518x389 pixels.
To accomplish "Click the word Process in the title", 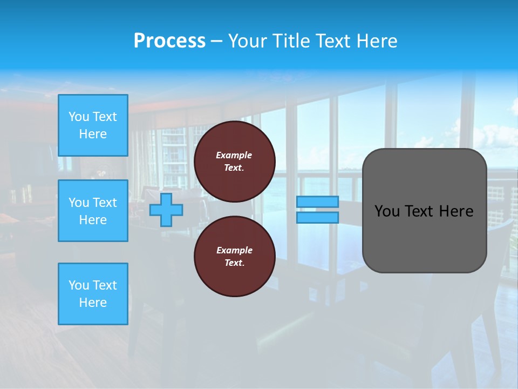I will click(169, 41).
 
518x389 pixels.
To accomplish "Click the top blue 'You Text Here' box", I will click(93, 125).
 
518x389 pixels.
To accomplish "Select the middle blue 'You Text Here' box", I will click(93, 211).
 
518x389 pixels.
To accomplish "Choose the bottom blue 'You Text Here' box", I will click(93, 294).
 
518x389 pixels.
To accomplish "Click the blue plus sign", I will click(166, 210).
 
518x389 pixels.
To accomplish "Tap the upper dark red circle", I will click(235, 162).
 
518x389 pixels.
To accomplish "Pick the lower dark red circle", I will click(235, 257).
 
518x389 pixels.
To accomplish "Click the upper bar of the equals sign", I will click(317, 202).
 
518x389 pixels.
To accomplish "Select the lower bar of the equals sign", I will click(317, 217).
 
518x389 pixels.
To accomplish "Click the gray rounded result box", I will click(424, 211).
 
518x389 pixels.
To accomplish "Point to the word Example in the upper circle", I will click(234, 155).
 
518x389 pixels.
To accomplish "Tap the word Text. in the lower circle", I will click(234, 263).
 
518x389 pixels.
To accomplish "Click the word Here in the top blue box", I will click(93, 134).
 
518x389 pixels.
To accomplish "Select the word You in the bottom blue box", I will click(79, 285).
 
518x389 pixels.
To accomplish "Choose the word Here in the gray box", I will click(456, 211).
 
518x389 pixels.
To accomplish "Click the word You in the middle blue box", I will click(79, 203).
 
